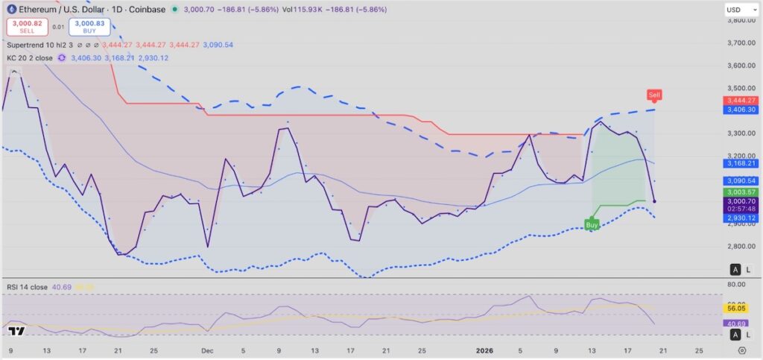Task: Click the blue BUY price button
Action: [x=89, y=27]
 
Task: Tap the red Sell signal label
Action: [x=654, y=95]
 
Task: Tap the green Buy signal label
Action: [x=592, y=224]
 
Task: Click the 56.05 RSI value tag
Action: [x=737, y=306]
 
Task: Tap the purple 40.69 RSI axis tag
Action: [x=737, y=323]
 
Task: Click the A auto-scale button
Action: [x=735, y=269]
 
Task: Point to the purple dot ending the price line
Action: [x=654, y=200]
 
